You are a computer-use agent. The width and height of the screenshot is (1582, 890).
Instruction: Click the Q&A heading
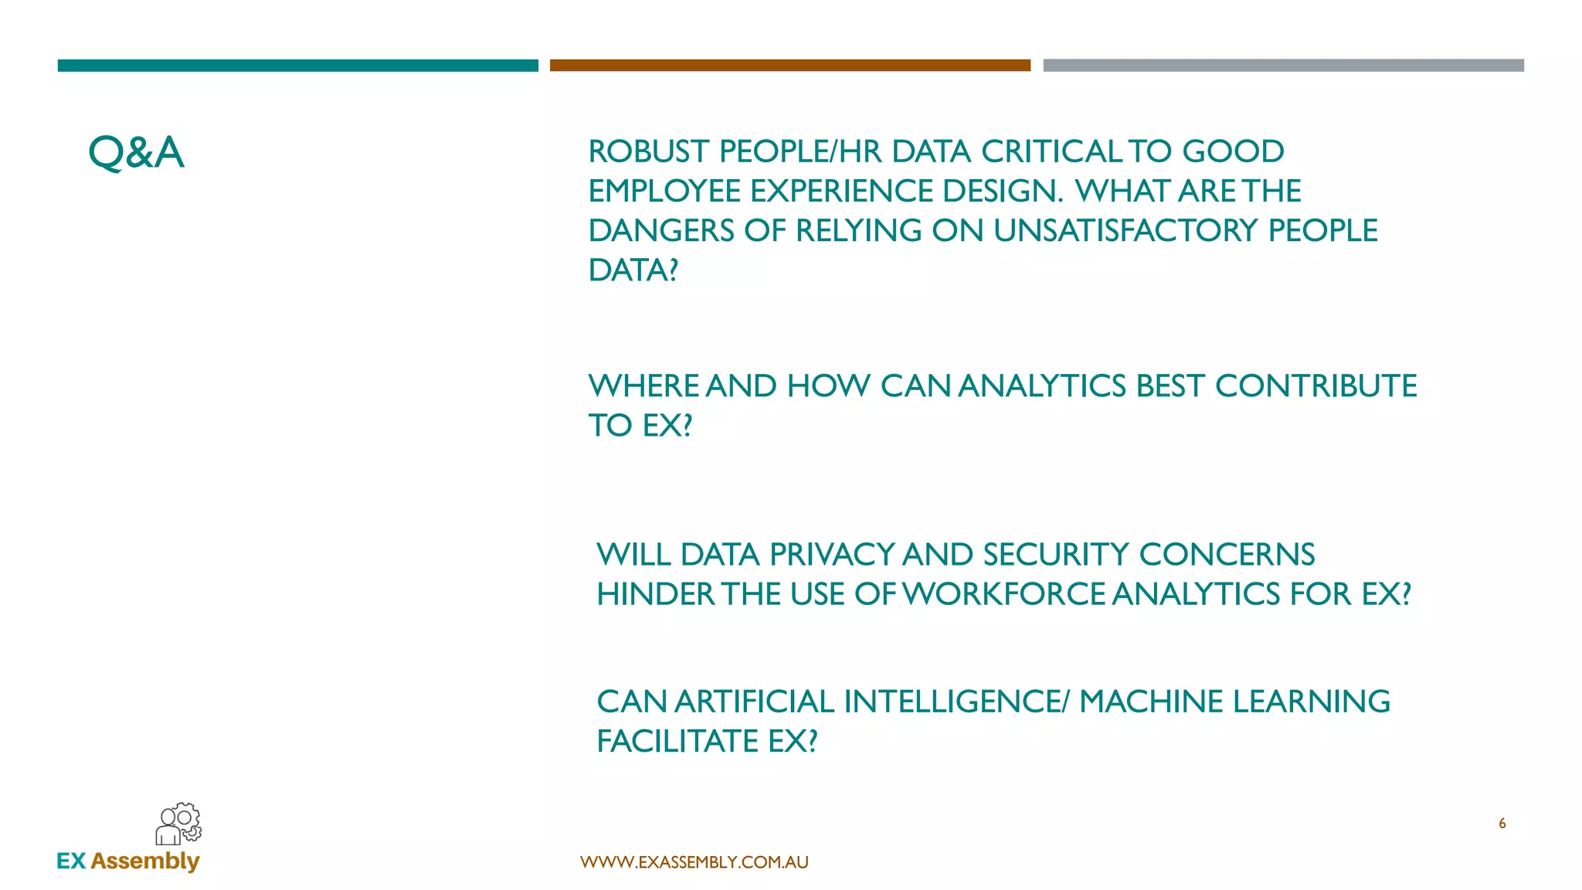coord(136,152)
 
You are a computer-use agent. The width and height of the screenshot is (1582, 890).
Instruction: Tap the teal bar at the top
coord(297,66)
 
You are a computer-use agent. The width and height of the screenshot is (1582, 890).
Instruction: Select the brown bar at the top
coord(789,66)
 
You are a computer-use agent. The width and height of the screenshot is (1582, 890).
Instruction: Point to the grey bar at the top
coord(1283,66)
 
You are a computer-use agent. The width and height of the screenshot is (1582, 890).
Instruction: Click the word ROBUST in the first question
coord(648,152)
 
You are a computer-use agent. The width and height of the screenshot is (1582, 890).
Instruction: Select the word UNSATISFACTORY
coord(1125,231)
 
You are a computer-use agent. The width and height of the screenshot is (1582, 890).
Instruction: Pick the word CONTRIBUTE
coord(1316,386)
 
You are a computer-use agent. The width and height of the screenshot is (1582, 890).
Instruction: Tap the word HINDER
coord(655,594)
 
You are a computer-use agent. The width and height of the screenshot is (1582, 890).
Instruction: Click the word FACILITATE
coord(677,742)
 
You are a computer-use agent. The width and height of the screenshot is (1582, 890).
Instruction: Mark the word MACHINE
coord(1150,701)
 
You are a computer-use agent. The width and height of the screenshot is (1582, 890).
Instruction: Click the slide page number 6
coord(1502,824)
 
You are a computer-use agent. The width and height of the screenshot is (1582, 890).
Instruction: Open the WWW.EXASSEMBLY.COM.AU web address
coord(694,862)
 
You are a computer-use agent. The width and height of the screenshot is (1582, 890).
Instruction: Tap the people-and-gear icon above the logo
coord(178,824)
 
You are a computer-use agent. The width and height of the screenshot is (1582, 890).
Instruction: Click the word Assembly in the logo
coord(145,861)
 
